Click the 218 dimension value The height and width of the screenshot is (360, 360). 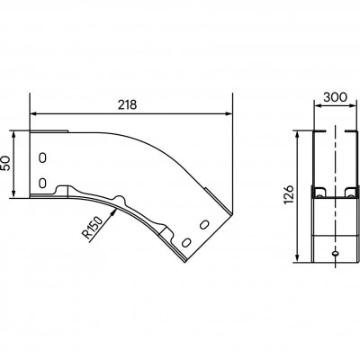127,104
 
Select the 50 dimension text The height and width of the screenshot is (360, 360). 6,164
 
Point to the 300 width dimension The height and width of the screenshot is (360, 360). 336,97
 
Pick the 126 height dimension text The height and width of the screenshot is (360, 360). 289,194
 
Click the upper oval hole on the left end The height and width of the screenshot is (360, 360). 42,157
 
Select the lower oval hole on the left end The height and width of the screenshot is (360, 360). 42,183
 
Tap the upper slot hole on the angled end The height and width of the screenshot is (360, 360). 204,224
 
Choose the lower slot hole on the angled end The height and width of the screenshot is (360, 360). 186,242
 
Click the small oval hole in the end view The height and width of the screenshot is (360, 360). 336,254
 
